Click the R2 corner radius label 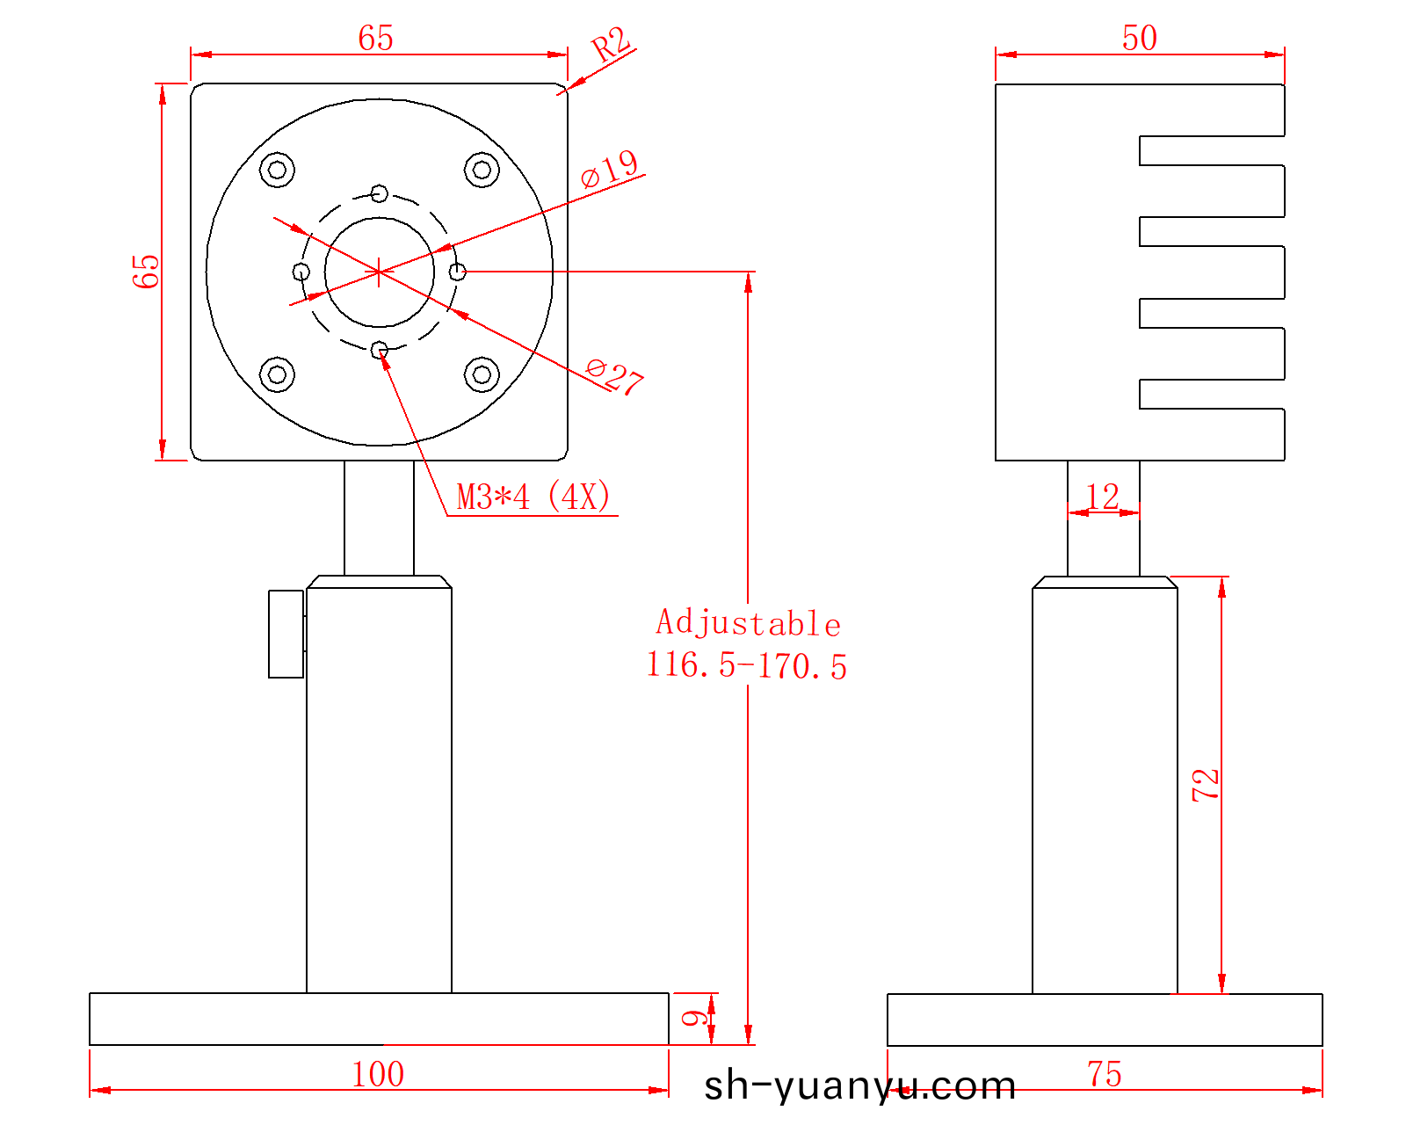tap(610, 45)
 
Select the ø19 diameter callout tap(609, 168)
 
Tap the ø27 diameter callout tap(614, 376)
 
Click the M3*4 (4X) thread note tap(533, 497)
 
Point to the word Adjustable tap(748, 622)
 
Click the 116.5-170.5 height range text tap(746, 665)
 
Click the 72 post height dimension tap(1205, 785)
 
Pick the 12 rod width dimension tap(1102, 497)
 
